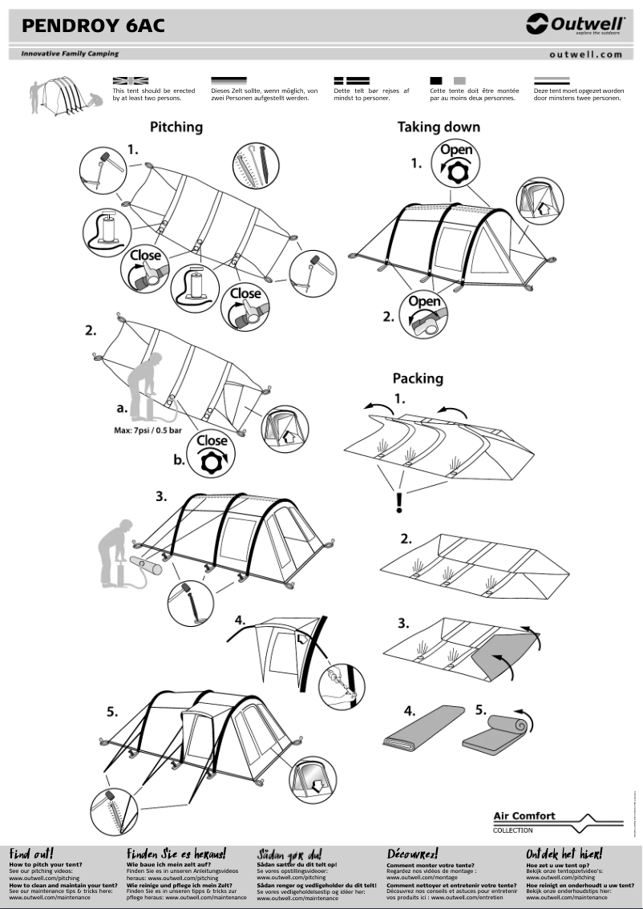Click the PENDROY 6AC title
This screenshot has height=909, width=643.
pos(93,26)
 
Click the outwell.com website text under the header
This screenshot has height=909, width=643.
pos(585,55)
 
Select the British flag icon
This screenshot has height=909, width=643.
pos(130,81)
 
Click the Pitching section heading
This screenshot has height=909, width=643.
pos(176,127)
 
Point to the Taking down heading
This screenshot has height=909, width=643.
pos(439,127)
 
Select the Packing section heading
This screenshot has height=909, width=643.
pos(418,378)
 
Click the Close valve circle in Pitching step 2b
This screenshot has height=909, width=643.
pos(212,454)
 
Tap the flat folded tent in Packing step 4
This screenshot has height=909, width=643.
pos(423,728)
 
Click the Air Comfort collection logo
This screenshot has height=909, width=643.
pos(556,822)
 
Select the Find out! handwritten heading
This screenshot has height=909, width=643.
pos(31,854)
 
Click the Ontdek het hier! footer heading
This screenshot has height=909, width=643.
pos(564,854)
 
